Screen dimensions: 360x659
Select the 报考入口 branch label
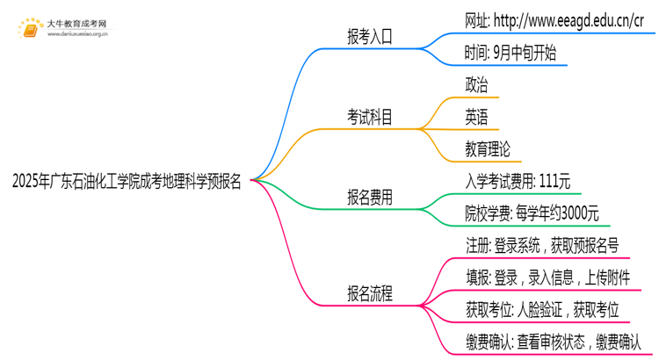pyautogui.click(x=370, y=36)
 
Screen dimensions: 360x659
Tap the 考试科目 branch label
pyautogui.click(x=370, y=117)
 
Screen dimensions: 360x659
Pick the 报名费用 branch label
pyautogui.click(x=370, y=198)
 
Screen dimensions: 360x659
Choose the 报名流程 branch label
pyautogui.click(x=370, y=294)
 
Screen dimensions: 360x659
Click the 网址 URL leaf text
pyautogui.click(x=560, y=20)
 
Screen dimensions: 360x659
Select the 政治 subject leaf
pyautogui.click(x=477, y=85)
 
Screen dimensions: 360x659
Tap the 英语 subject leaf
pyautogui.click(x=477, y=117)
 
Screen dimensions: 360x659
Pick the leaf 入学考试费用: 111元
pyautogui.click(x=518, y=182)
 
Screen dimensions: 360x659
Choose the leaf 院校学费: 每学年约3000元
pyautogui.click(x=532, y=213)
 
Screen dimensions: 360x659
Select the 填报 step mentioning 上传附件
pyautogui.click(x=554, y=278)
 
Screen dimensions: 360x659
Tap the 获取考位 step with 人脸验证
pyautogui.click(x=542, y=310)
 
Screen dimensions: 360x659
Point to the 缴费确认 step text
pyautogui.click(x=554, y=342)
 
